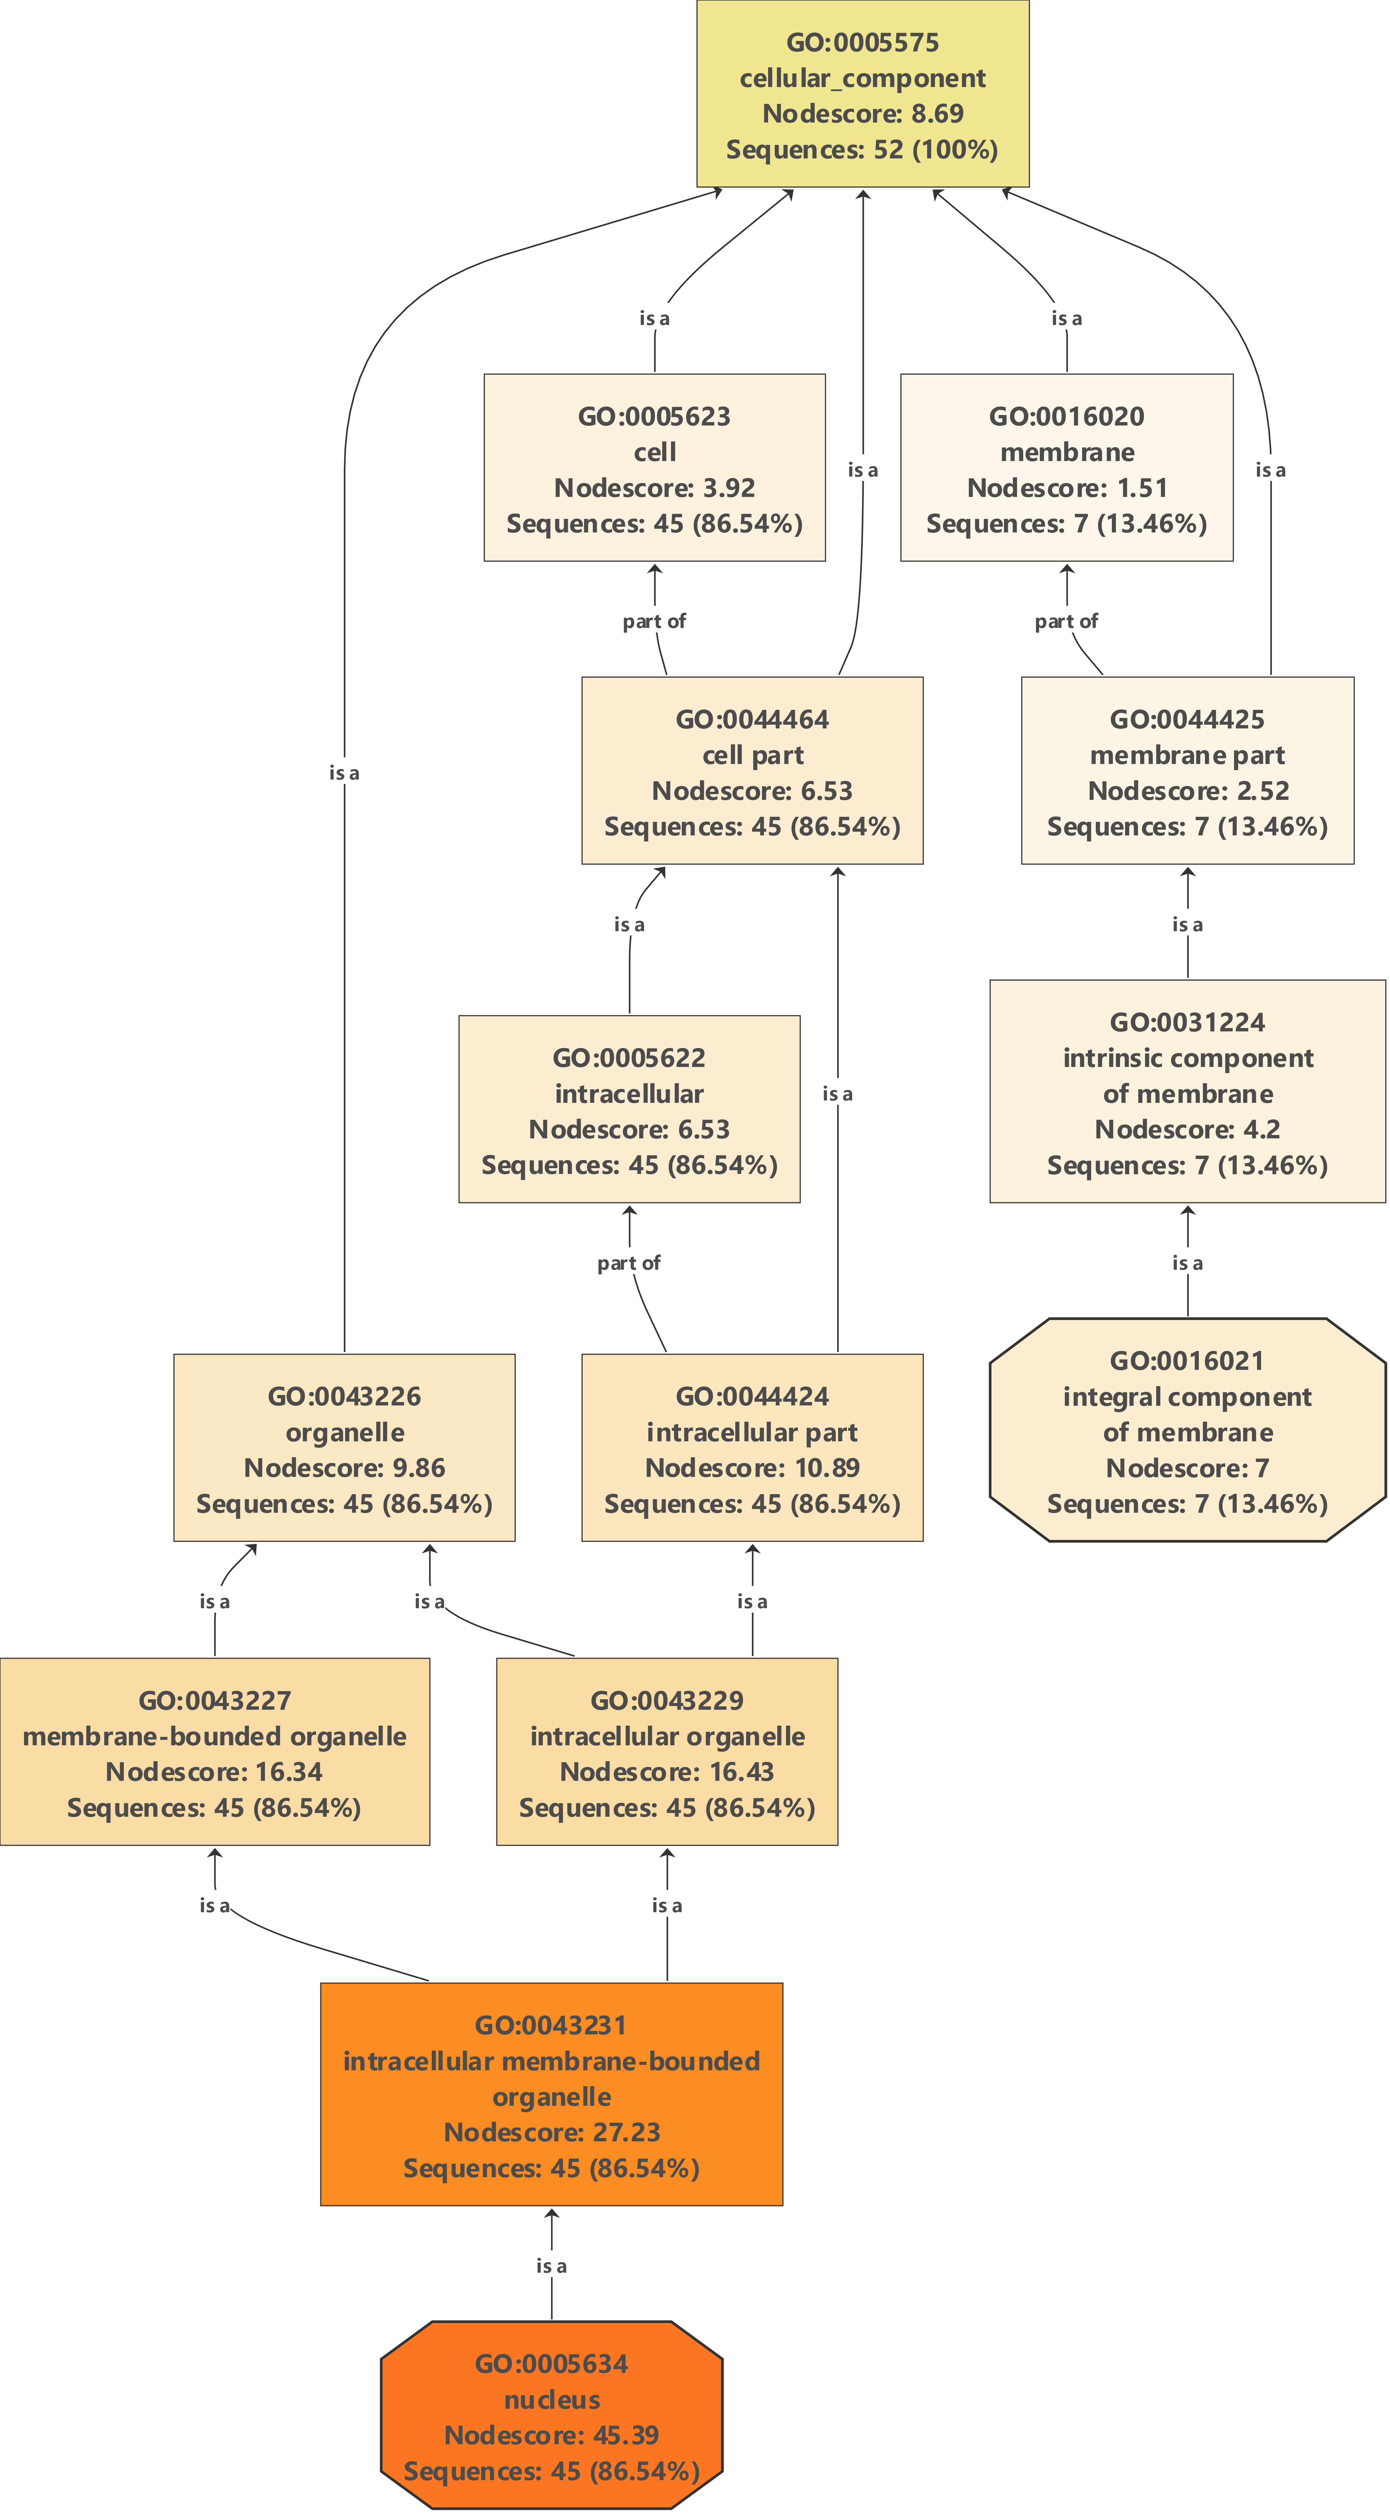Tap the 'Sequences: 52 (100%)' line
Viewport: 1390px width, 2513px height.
click(x=862, y=149)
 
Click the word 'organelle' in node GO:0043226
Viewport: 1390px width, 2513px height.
click(x=344, y=1432)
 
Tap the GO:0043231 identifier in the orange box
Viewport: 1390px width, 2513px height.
click(x=551, y=2025)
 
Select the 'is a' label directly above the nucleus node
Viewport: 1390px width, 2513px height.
click(x=551, y=2265)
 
